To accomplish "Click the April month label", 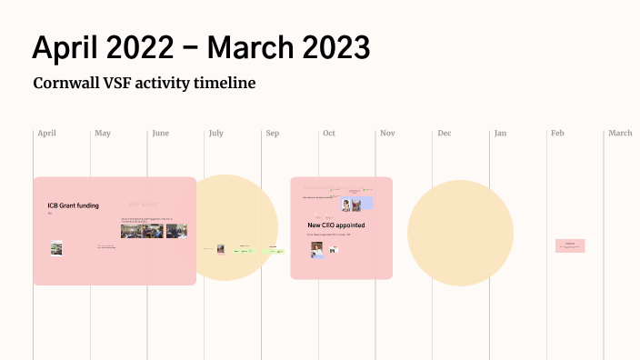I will point(46,134).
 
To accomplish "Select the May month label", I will point(103,134).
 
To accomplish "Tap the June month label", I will point(160,134).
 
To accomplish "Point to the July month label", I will point(216,134).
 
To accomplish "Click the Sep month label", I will point(272,134).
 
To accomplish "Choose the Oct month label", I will point(328,134).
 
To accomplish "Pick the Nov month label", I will point(387,134).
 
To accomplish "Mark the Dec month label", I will point(444,134).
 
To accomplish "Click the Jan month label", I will point(500,134).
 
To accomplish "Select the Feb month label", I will point(557,134).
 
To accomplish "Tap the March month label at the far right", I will point(620,134).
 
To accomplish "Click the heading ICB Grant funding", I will point(73,205).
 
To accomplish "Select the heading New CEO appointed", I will point(337,225).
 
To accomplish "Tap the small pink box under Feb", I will point(570,245).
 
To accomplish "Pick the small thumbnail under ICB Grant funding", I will point(56,248).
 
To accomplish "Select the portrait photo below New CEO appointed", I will point(316,249).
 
